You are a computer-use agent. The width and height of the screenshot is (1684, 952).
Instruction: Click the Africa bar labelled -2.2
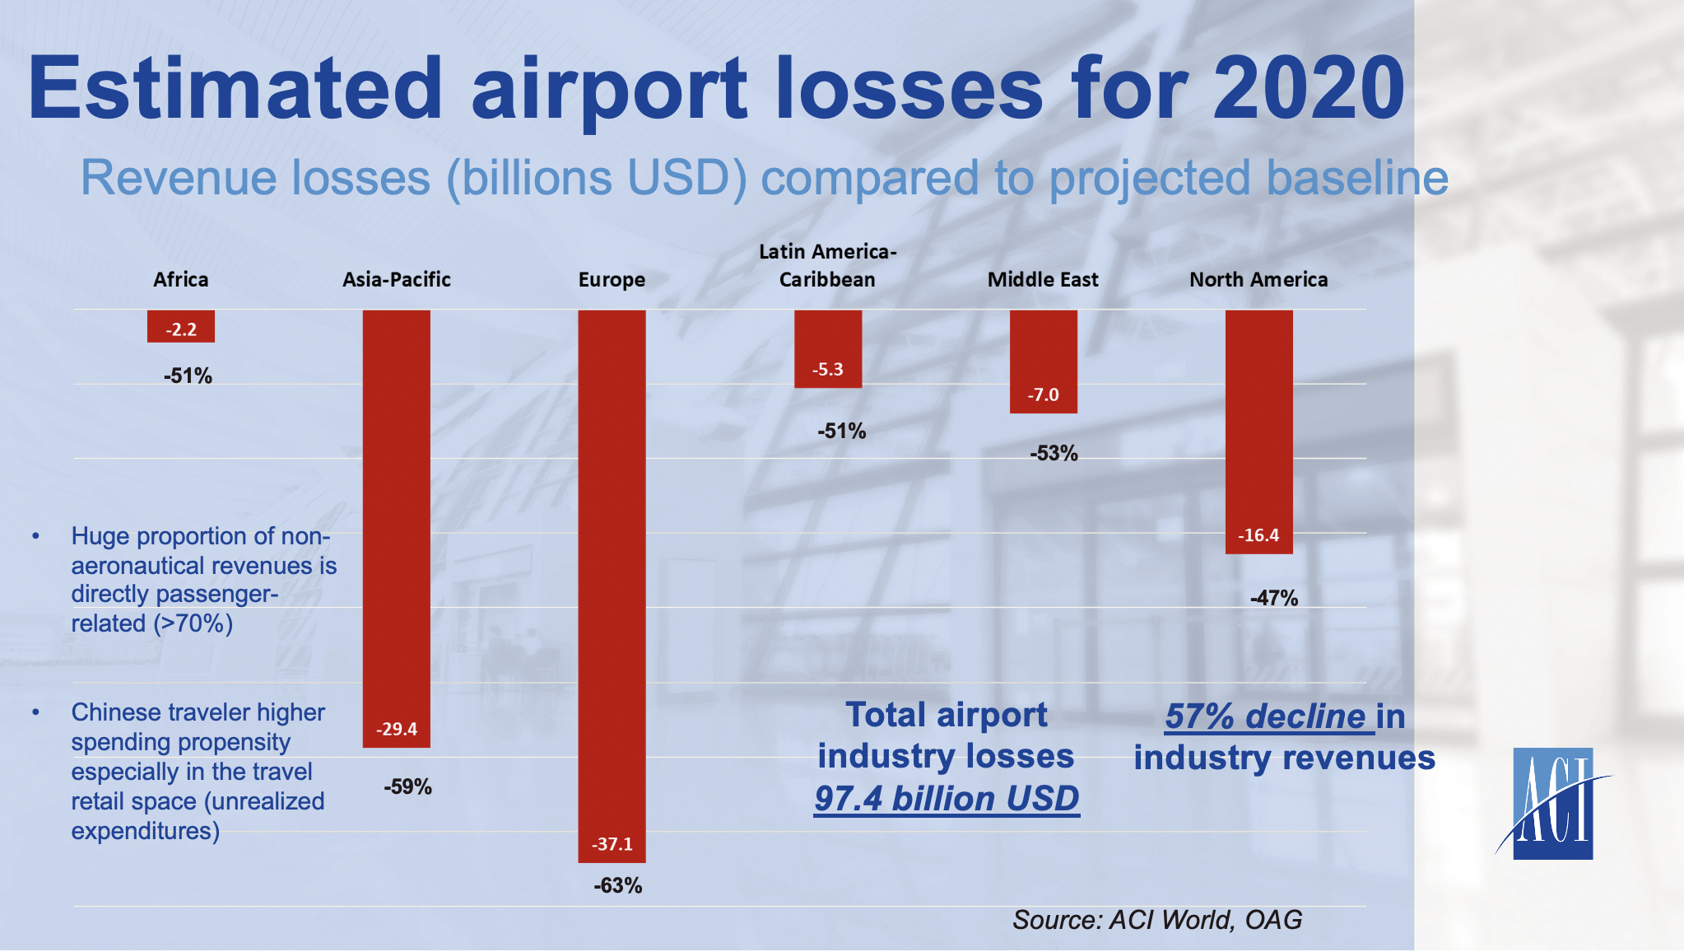pyautogui.click(x=181, y=326)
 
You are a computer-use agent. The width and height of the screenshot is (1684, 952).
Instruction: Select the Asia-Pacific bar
pyautogui.click(x=397, y=527)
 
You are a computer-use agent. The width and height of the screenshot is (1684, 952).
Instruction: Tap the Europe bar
pyautogui.click(x=612, y=585)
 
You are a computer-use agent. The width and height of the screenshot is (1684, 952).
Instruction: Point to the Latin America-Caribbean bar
pyautogui.click(x=827, y=348)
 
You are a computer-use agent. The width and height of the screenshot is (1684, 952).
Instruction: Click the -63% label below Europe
pyautogui.click(x=618, y=886)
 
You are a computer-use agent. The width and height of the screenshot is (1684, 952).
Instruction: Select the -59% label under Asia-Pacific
pyautogui.click(x=407, y=787)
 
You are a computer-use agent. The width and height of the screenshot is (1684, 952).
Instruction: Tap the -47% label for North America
pyautogui.click(x=1274, y=599)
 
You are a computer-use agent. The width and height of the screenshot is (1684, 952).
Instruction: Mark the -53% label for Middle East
pyautogui.click(x=1054, y=454)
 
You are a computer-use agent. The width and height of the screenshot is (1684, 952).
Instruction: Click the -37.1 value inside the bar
pyautogui.click(x=612, y=844)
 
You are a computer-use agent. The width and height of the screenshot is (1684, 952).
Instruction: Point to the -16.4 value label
pyautogui.click(x=1258, y=535)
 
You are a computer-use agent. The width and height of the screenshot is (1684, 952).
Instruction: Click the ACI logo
pyautogui.click(x=1552, y=804)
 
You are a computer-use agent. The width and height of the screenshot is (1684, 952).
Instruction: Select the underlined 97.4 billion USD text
pyautogui.click(x=947, y=799)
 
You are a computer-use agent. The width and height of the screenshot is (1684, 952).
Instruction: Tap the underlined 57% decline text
pyautogui.click(x=1266, y=716)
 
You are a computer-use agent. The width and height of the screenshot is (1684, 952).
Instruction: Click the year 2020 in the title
pyautogui.click(x=1309, y=89)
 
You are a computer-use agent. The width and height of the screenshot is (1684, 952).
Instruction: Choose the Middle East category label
pyautogui.click(x=1043, y=280)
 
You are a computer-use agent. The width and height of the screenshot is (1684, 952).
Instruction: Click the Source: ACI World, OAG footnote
pyautogui.click(x=1157, y=920)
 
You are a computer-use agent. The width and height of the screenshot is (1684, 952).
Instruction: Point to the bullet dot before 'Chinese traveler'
pyautogui.click(x=35, y=712)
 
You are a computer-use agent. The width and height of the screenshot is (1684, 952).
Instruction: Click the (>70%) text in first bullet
pyautogui.click(x=193, y=623)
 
